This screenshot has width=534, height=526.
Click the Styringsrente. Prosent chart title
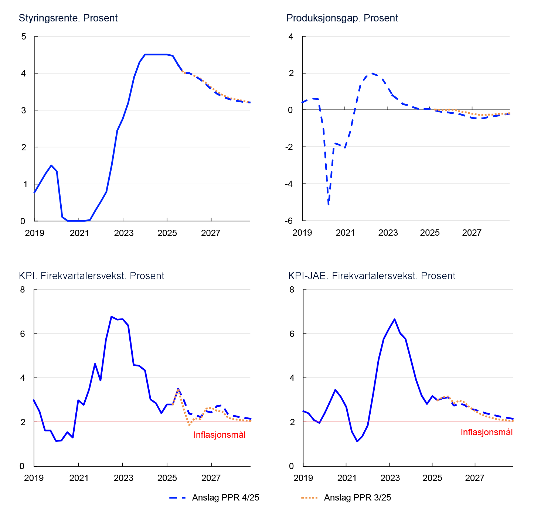tap(68, 18)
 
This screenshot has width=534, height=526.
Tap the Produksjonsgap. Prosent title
tap(342, 18)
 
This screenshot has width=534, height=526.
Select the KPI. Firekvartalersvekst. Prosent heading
tap(91, 276)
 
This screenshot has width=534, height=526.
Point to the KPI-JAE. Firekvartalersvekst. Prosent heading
tap(371, 276)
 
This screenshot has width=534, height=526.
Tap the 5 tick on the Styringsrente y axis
tap(24, 37)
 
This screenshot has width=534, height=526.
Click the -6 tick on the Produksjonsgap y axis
tap(289, 221)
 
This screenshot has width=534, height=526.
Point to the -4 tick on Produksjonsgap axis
tap(289, 184)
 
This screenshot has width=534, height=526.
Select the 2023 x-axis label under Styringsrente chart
tap(123, 233)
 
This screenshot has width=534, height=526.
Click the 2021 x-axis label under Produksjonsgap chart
tap(345, 233)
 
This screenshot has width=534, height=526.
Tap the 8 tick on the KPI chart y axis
tap(23, 290)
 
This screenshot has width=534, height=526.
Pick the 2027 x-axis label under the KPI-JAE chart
tap(475, 478)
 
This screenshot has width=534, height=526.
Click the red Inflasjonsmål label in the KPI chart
tap(220, 435)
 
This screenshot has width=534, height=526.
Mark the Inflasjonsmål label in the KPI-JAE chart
tap(486, 432)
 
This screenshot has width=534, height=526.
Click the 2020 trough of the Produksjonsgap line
tap(328, 204)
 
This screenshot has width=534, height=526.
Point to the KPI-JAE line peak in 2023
tap(394, 319)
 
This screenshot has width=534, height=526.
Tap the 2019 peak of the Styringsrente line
tap(51, 165)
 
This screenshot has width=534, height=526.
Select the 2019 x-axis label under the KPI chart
tap(34, 478)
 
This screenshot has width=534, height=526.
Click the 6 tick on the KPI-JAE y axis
tap(292, 334)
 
